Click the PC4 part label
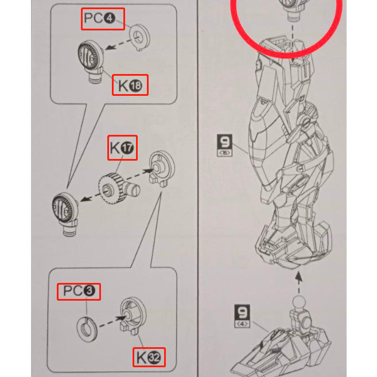click(x=99, y=18)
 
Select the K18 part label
click(x=130, y=85)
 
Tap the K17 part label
click(x=122, y=147)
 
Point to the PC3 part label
click(x=79, y=291)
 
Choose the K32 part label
click(x=149, y=357)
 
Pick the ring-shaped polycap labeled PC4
click(x=139, y=37)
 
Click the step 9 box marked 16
click(x=224, y=145)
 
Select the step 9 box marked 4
click(x=242, y=316)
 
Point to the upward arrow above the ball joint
click(x=298, y=282)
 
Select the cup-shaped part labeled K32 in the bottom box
click(x=133, y=316)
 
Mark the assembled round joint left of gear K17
click(x=65, y=213)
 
